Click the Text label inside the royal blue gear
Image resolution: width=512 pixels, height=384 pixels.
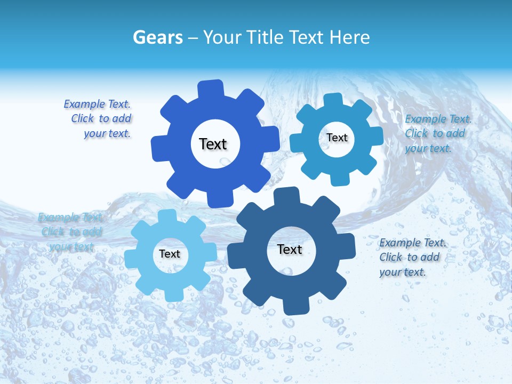[213, 144]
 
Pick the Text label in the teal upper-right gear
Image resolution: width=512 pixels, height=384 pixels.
[337, 138]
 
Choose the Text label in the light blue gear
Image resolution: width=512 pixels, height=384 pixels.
[170, 254]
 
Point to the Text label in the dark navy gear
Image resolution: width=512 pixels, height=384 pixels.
[290, 249]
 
